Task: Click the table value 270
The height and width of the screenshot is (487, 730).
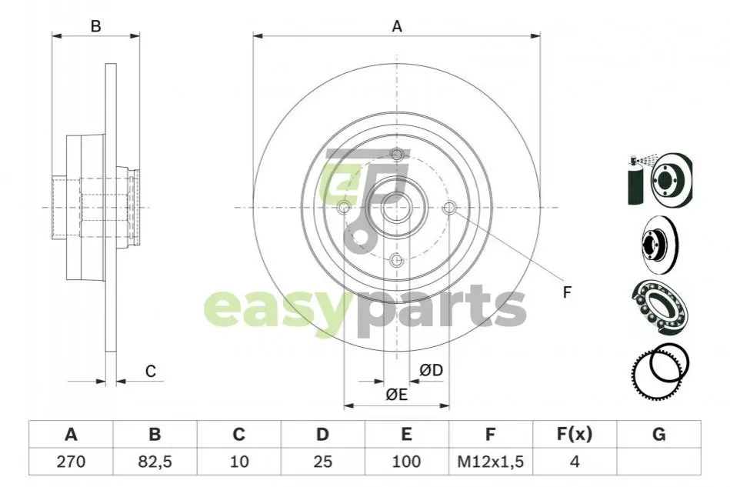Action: click(71, 462)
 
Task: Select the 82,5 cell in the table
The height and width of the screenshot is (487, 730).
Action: click(155, 462)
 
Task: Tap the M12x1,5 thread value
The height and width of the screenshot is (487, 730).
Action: click(490, 462)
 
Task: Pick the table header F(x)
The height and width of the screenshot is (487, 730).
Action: click(575, 435)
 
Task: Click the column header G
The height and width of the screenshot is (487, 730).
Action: click(658, 435)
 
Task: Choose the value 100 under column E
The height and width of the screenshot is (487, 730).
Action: click(406, 462)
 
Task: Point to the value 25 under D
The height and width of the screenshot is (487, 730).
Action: click(322, 462)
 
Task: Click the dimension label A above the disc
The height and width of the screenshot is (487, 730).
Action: click(397, 26)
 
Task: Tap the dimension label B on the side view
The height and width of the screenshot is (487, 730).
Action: click(95, 26)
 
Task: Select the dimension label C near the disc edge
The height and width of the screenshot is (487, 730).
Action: click(150, 371)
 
